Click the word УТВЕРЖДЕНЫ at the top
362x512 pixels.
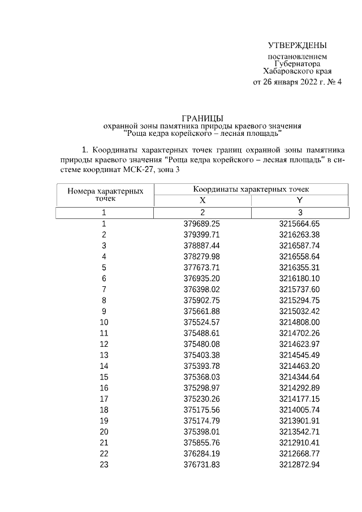point(298,45)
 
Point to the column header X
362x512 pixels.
point(202,200)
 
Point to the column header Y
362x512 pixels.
point(300,200)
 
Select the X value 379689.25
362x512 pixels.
point(202,224)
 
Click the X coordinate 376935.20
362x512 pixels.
point(202,278)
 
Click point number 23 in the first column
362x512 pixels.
point(104,464)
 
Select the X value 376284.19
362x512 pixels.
point(202,454)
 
